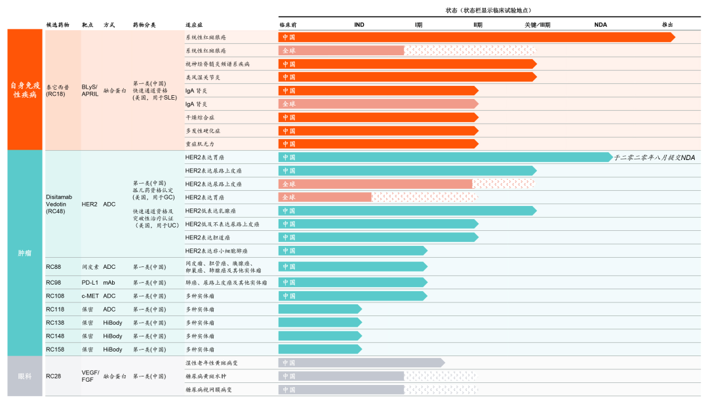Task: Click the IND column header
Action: click(359, 25)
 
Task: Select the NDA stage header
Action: click(600, 25)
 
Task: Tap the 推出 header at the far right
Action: click(667, 25)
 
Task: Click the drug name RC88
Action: click(54, 267)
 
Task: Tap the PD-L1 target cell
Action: click(90, 283)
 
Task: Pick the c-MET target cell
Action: click(91, 296)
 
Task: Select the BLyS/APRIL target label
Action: click(90, 91)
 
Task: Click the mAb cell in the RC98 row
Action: click(109, 283)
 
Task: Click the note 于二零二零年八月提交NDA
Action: click(654, 158)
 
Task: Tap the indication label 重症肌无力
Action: click(199, 144)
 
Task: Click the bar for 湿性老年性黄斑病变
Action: click(361, 363)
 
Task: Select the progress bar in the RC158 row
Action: click(319, 350)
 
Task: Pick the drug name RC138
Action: click(55, 323)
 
